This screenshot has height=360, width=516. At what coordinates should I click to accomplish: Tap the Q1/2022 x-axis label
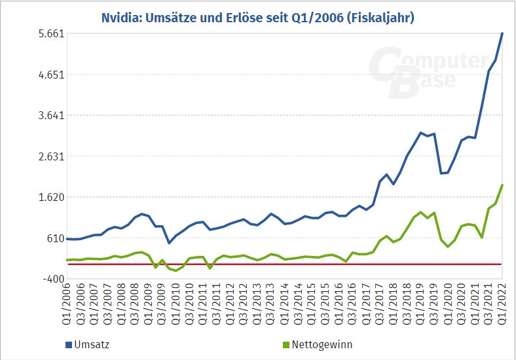(502, 305)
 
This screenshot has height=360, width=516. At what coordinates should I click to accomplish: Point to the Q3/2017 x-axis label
(380, 305)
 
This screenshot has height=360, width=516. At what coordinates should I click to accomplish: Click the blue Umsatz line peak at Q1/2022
(502, 33)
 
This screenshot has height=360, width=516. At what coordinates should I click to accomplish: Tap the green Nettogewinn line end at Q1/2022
(502, 185)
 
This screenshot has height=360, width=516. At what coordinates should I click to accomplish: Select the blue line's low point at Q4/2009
(169, 243)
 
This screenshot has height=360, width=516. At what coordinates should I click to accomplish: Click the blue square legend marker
(69, 344)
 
